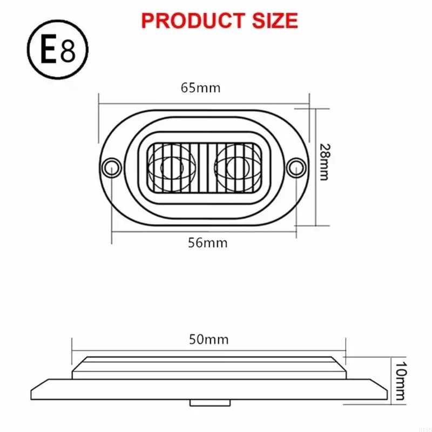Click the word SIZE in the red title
click(271, 20)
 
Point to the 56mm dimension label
click(208, 242)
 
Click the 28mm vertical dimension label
click(324, 162)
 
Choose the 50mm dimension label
click(208, 340)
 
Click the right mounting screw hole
click(296, 167)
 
